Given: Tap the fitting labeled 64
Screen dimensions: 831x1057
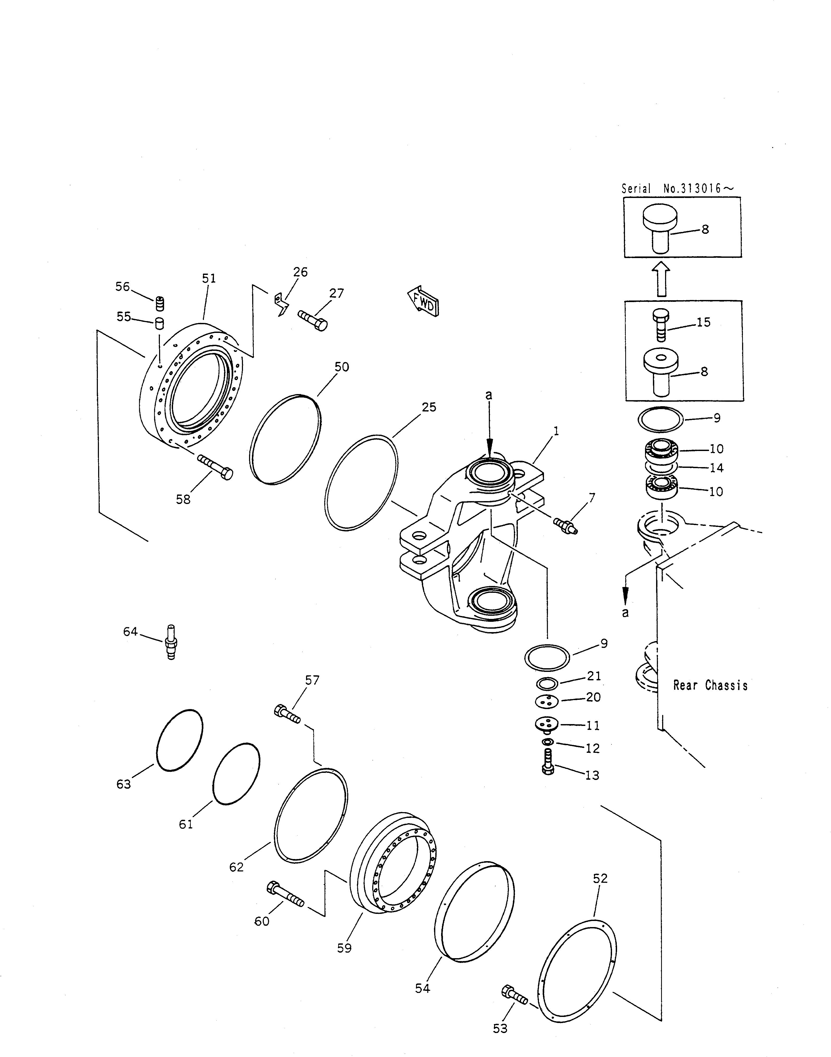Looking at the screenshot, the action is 170,642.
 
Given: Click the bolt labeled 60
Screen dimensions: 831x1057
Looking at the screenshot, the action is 285,894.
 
